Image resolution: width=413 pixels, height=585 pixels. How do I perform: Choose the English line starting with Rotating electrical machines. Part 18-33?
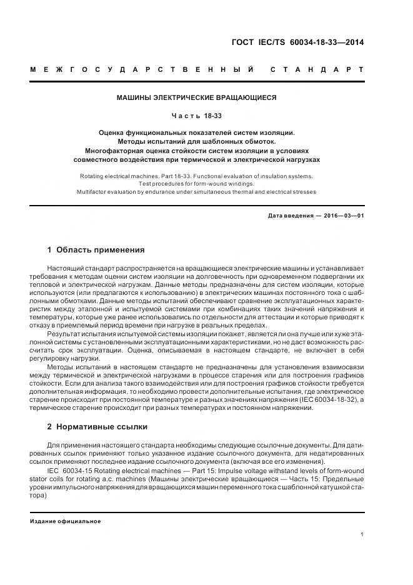[x=197, y=176]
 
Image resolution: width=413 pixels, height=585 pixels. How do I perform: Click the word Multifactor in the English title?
[x=93, y=192]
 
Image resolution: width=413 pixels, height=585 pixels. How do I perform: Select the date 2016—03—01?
[x=343, y=216]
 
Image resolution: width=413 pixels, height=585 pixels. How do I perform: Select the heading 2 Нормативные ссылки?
[x=97, y=427]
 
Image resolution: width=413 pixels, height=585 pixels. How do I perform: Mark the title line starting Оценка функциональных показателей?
[x=197, y=132]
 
